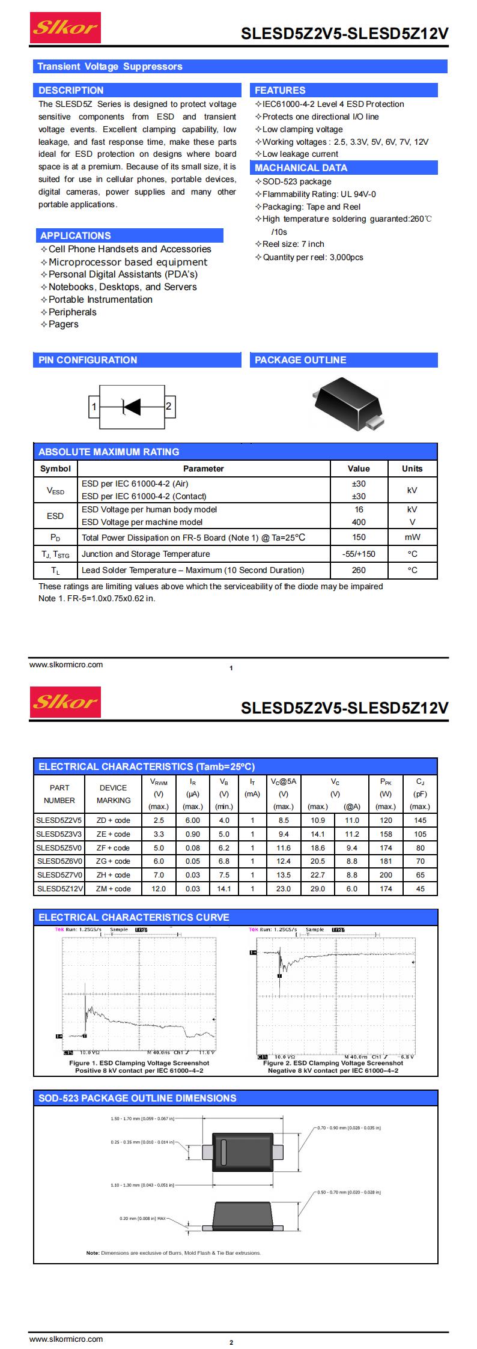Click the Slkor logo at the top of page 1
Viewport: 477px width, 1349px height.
pyautogui.click(x=65, y=28)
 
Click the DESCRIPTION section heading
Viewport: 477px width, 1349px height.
pyautogui.click(x=71, y=90)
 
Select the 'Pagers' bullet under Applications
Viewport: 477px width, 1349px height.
pyautogui.click(x=63, y=324)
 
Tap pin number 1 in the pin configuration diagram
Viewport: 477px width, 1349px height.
pyautogui.click(x=94, y=407)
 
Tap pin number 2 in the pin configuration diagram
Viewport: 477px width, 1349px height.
pyautogui.click(x=169, y=407)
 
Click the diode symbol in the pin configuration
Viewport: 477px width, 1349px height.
pyautogui.click(x=131, y=407)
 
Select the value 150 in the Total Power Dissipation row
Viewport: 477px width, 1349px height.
pyautogui.click(x=359, y=538)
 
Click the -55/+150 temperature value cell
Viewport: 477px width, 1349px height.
pyautogui.click(x=359, y=554)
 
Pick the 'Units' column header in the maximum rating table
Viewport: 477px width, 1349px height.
pyautogui.click(x=412, y=468)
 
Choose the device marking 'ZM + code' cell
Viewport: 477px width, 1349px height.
pyautogui.click(x=114, y=888)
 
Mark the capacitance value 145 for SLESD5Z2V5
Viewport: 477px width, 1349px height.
pyautogui.click(x=420, y=820)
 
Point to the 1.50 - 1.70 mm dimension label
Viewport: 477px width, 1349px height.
pyautogui.click(x=142, y=1119)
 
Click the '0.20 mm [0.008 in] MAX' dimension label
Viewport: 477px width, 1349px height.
pyautogui.click(x=143, y=1219)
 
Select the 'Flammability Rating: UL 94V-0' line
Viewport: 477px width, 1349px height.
pyautogui.click(x=319, y=194)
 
